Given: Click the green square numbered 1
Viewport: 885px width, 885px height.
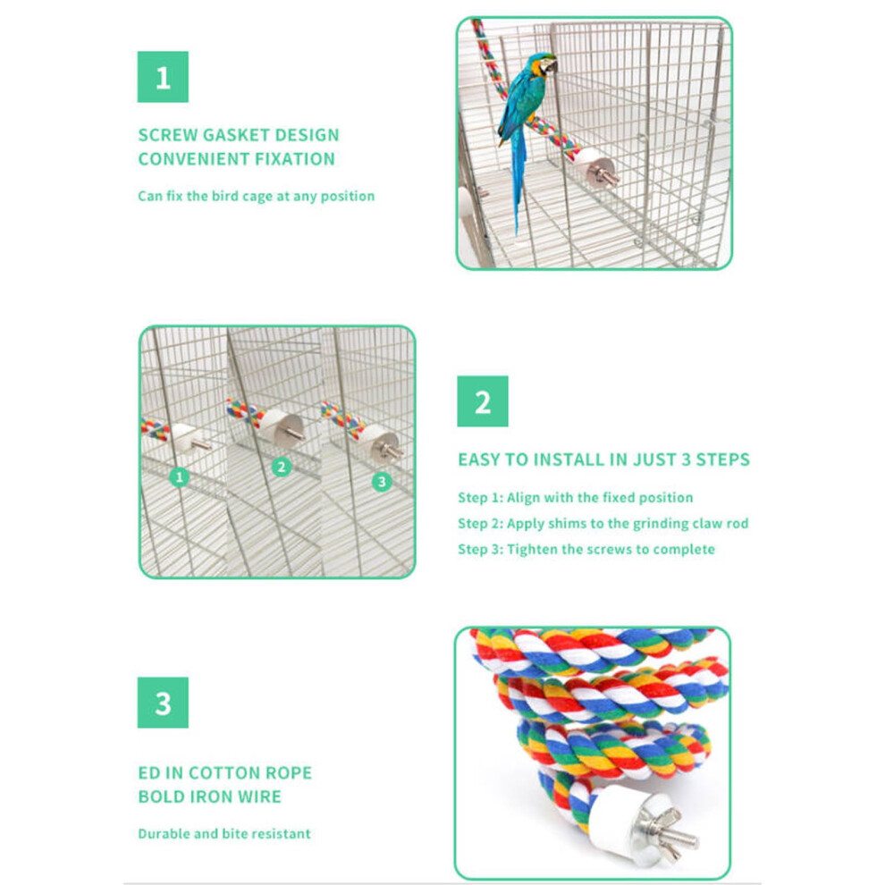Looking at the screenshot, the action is coord(163,77).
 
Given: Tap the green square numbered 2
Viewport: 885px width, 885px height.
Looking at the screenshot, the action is coord(483,401).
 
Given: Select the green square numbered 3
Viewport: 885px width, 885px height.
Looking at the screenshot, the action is coord(163,703).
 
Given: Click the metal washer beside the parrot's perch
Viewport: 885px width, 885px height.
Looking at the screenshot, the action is coord(600,171).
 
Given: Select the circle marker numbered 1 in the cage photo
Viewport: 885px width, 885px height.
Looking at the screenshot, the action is coord(180,477).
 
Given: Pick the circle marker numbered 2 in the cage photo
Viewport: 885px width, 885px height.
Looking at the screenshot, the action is coord(281,468).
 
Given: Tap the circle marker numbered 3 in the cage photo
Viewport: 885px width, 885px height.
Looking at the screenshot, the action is coord(382,482).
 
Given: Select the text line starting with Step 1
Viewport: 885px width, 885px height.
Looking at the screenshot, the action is coord(576,497).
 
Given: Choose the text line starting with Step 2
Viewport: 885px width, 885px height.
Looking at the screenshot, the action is coord(603,523).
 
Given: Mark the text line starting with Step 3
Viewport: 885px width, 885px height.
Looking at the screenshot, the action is coord(586,549).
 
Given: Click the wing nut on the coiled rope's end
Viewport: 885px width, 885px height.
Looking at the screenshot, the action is coord(670,831).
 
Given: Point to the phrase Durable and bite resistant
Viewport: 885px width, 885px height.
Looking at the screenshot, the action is coord(224,834).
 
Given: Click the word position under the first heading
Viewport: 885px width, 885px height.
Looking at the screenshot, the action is coord(348,197).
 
